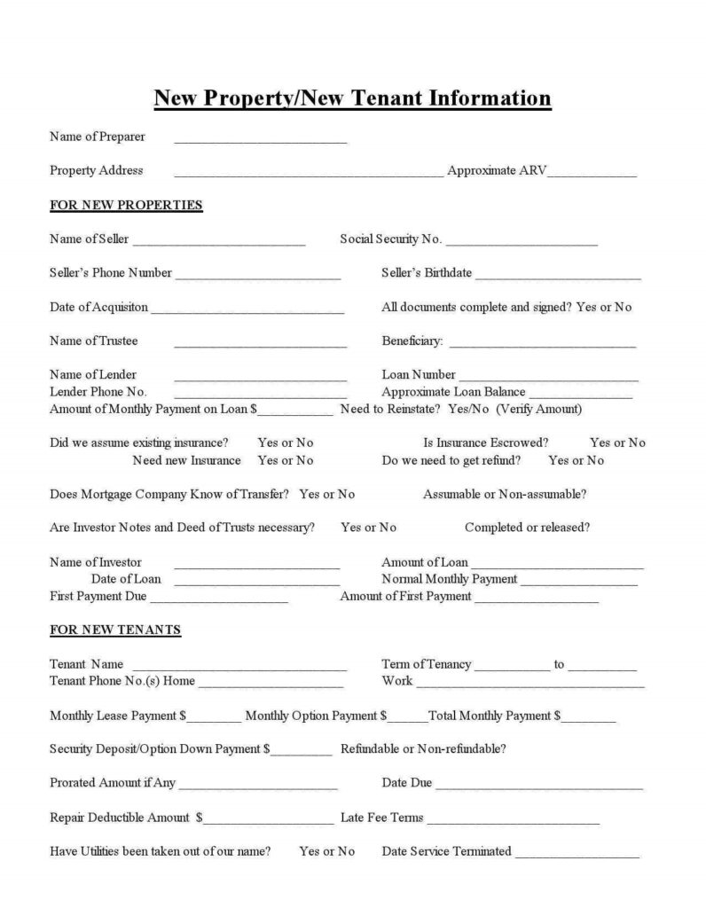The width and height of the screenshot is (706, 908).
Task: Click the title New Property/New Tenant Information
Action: (x=352, y=98)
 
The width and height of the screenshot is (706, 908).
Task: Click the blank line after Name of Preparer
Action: (x=260, y=140)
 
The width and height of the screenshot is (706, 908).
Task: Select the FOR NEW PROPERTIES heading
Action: (x=126, y=206)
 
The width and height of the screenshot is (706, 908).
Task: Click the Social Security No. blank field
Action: (x=522, y=243)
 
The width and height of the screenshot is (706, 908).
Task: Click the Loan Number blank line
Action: (x=548, y=379)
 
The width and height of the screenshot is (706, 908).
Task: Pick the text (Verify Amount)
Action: (x=539, y=409)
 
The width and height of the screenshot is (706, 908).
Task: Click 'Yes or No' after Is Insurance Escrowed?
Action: (x=617, y=442)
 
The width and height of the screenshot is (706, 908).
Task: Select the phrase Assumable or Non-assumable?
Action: (x=505, y=494)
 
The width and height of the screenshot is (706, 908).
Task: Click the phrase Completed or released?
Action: (x=527, y=528)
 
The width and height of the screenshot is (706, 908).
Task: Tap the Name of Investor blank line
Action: (x=256, y=566)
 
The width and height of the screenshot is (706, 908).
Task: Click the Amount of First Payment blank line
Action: (x=536, y=600)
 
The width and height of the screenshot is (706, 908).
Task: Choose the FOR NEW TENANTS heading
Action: (x=115, y=630)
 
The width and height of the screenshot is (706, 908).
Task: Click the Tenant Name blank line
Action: (x=239, y=668)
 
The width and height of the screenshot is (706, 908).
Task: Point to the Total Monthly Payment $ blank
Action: (x=588, y=719)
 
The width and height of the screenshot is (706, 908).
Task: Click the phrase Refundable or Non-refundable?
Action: (x=423, y=749)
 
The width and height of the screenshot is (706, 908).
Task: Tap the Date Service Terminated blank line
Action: (x=577, y=856)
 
